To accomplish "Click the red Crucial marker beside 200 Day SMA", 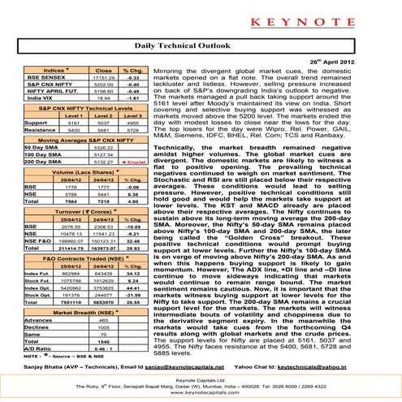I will click(138, 162).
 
